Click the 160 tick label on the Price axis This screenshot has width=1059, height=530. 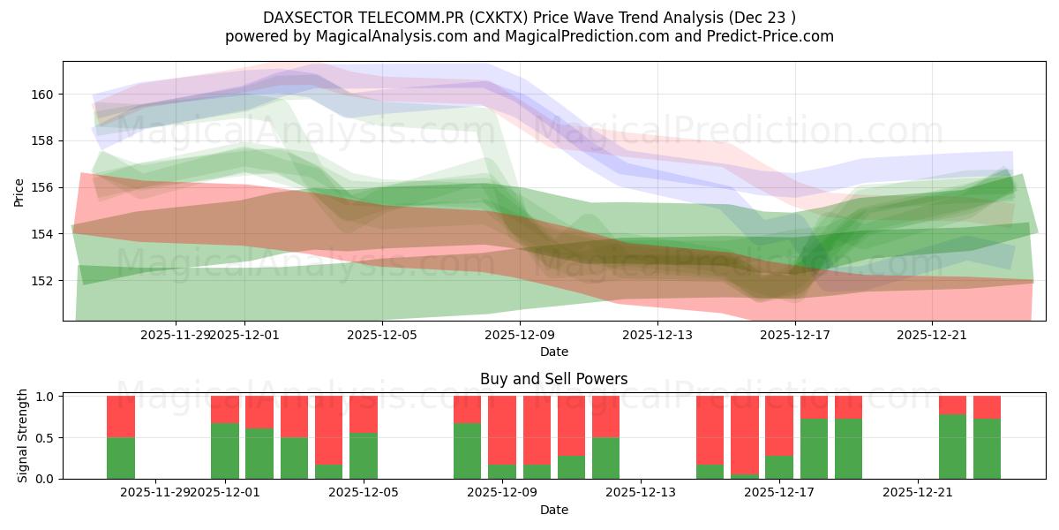pos(43,94)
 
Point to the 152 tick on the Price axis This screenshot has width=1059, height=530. pos(43,281)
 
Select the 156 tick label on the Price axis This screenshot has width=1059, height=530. pos(43,187)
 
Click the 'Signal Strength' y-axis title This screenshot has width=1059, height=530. pos(23,436)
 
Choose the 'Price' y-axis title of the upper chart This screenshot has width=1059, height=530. pos(19,191)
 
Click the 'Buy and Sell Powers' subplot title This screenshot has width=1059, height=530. pos(553,379)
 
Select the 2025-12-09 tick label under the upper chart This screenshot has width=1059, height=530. pos(520,335)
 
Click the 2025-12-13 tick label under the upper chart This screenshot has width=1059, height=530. pos(657,335)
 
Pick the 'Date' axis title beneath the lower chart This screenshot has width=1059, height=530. pos(553,510)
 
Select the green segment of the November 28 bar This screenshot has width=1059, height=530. pos(121,458)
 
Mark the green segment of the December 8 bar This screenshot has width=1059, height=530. pos(468,450)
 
